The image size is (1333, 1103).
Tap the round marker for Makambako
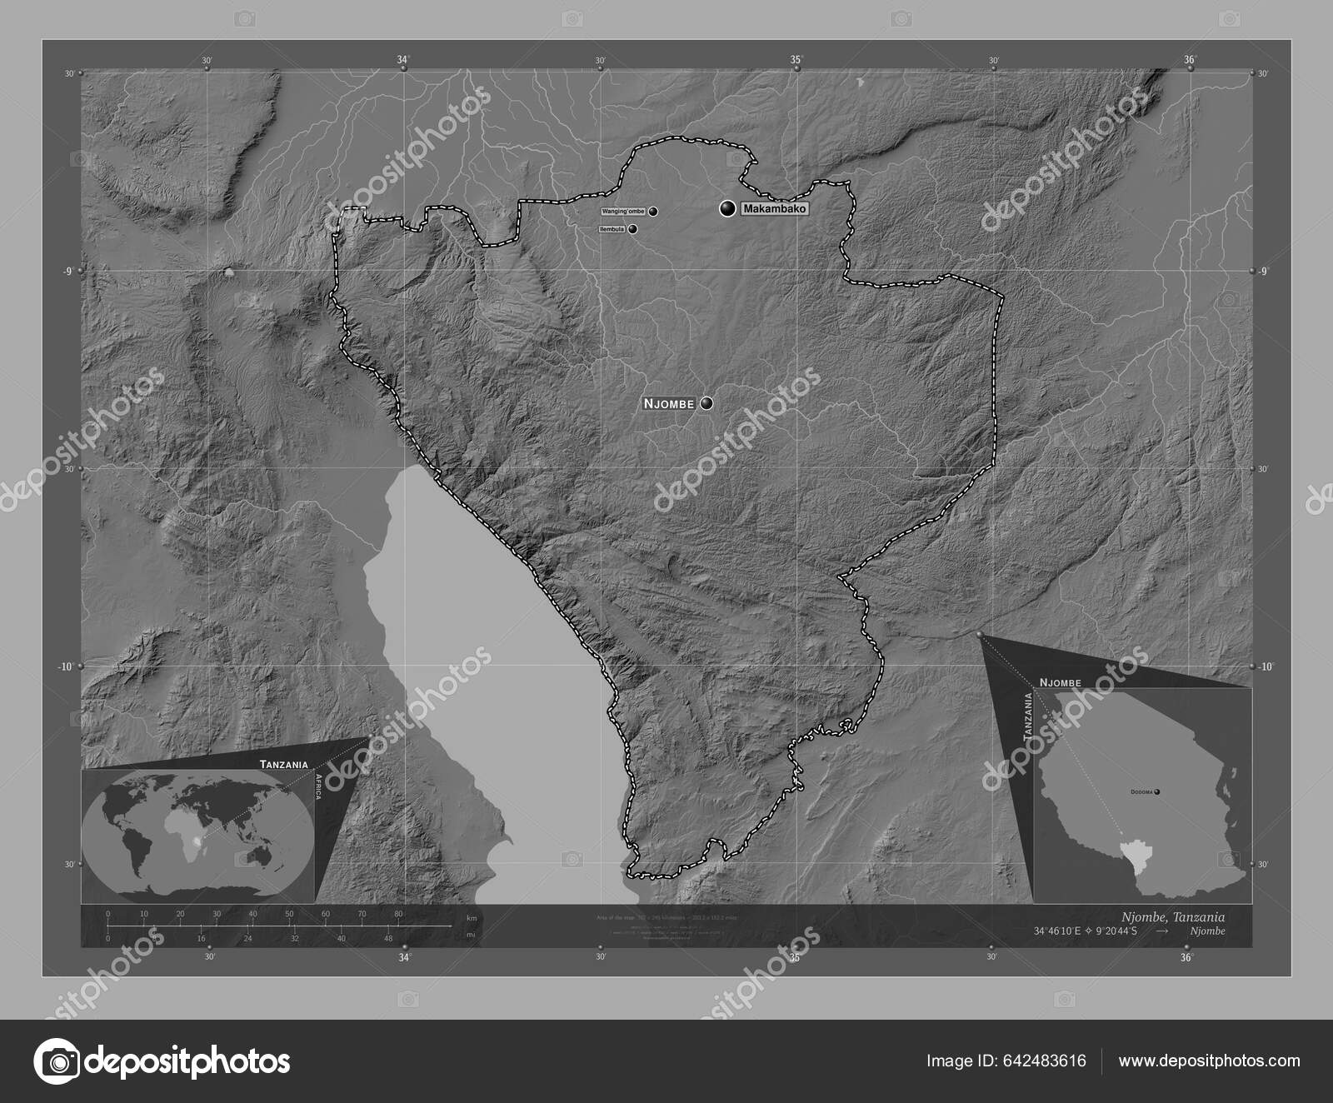[x=728, y=209]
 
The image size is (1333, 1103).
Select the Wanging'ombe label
[x=623, y=212]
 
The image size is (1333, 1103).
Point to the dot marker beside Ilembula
[x=633, y=229]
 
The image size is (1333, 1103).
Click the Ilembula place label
[x=612, y=229]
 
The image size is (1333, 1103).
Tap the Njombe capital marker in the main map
[x=707, y=403]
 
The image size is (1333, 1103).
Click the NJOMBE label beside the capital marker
[x=669, y=404]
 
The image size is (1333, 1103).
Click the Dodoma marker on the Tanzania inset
[x=1156, y=792]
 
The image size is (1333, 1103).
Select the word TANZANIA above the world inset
[x=284, y=763]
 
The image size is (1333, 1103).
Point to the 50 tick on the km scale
[x=289, y=915]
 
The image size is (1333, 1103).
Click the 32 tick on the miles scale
[x=294, y=937]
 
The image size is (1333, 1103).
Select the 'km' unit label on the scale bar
[x=472, y=917]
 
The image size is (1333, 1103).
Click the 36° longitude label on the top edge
[x=1190, y=59]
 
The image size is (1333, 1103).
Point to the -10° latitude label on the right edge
[x=1265, y=666]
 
